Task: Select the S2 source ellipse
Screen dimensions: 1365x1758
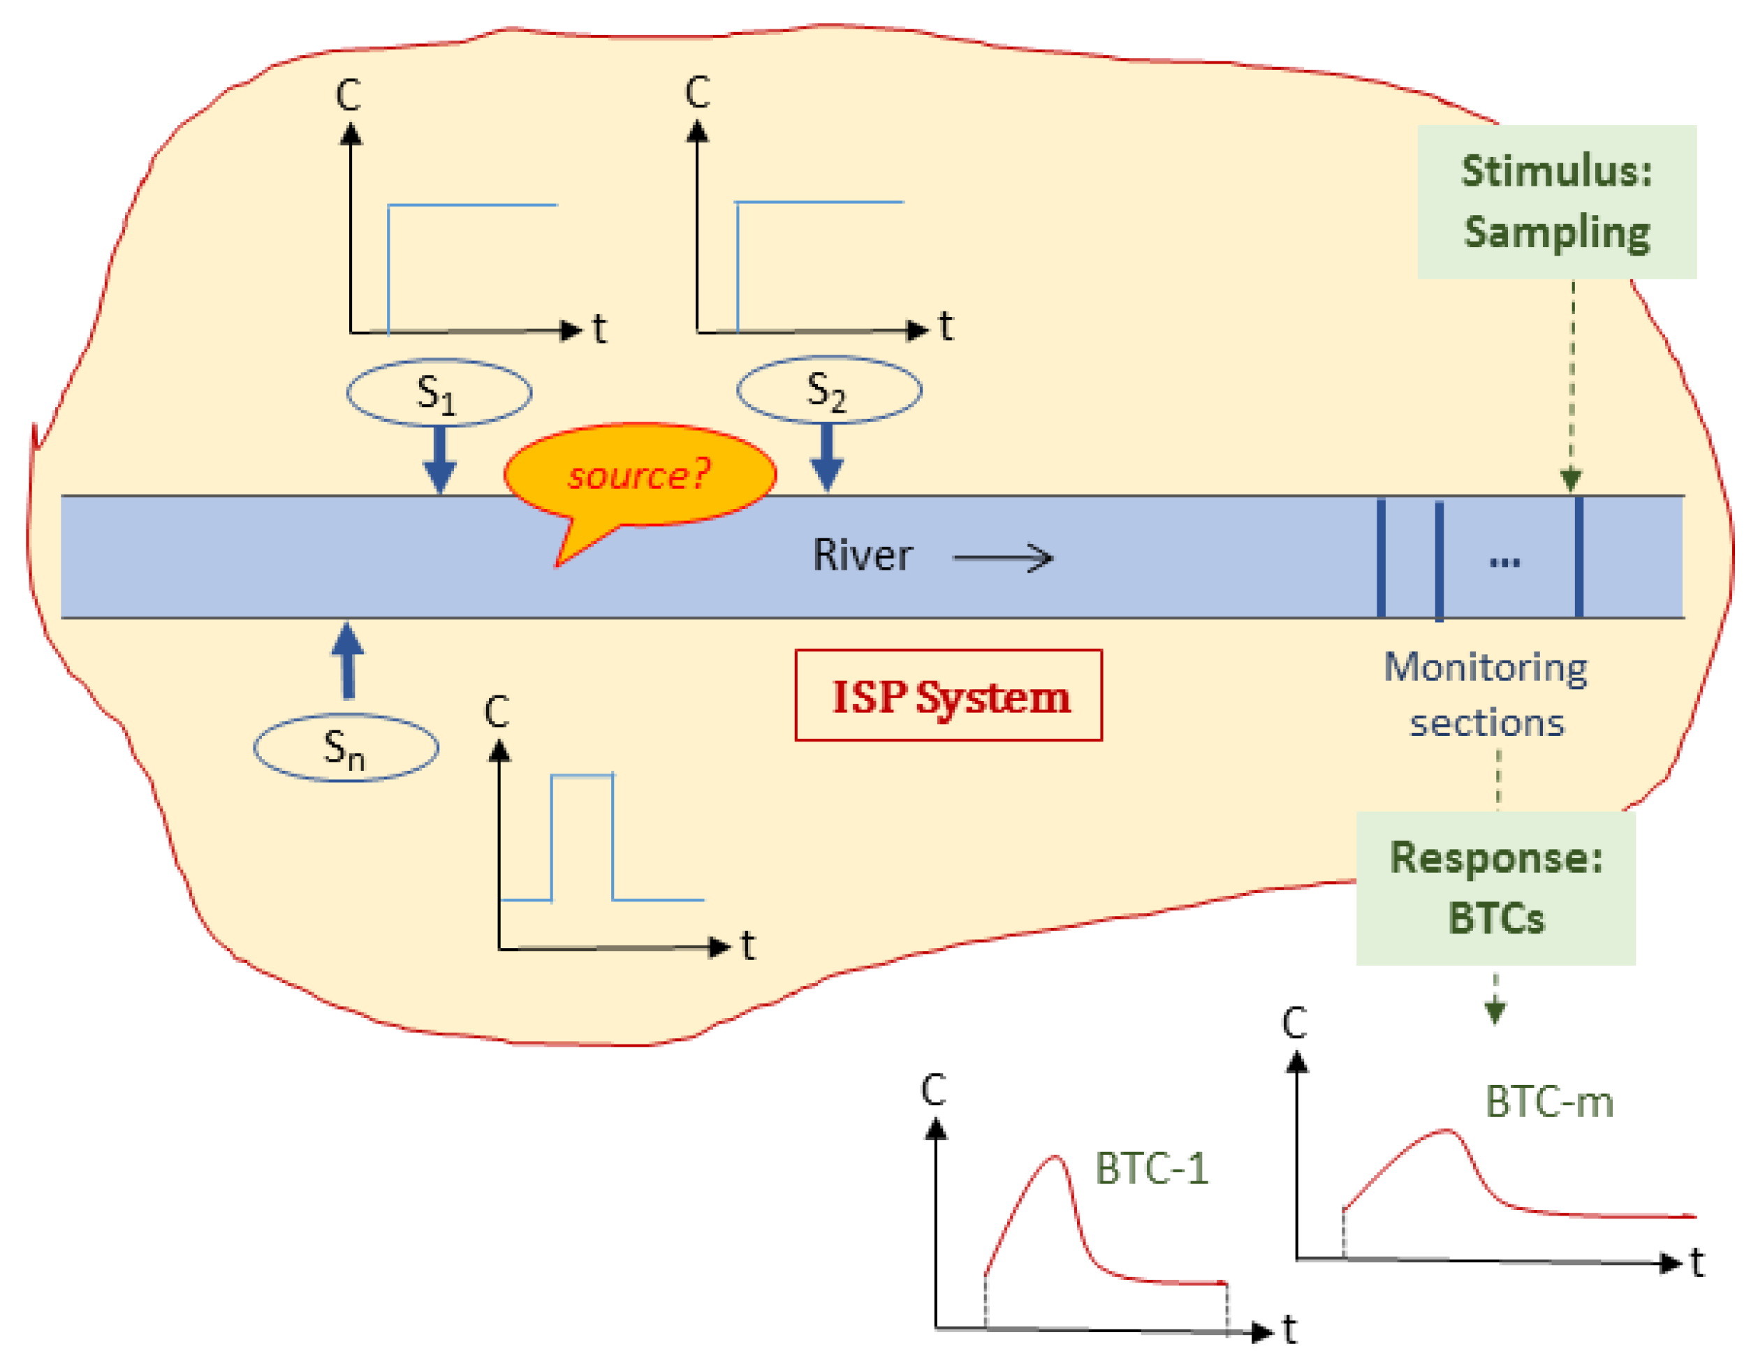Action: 829,390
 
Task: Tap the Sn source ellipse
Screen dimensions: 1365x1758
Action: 346,748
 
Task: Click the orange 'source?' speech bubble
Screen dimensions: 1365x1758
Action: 640,475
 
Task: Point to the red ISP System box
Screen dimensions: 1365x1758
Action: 948,695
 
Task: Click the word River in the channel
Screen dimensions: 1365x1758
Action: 862,555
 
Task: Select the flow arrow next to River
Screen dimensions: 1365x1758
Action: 1003,557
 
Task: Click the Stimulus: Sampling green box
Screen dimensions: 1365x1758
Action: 1557,202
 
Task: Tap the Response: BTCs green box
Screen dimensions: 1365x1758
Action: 1495,887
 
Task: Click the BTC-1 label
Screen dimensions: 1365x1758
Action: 1151,1169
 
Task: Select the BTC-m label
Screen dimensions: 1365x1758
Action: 1548,1102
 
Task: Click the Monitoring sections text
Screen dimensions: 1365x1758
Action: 1486,695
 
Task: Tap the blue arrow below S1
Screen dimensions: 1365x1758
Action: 439,459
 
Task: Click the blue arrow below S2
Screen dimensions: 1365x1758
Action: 827,457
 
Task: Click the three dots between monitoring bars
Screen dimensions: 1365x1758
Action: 1504,561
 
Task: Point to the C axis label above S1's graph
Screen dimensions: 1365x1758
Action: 348,96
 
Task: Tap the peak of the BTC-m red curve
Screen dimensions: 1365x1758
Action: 1446,1131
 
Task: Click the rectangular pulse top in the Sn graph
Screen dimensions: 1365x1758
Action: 582,776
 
